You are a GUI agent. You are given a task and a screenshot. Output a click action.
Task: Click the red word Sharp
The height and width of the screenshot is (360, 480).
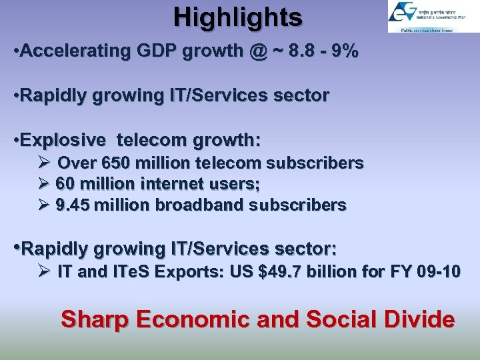point(93,319)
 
